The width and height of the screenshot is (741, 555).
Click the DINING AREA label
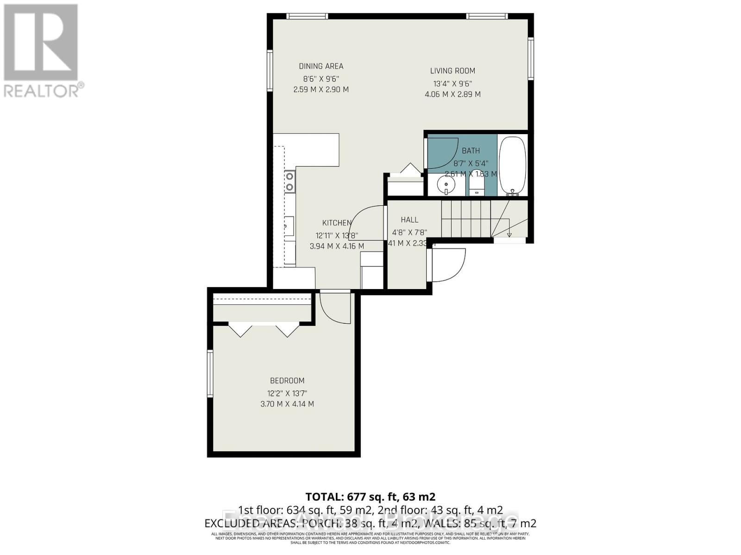point(321,66)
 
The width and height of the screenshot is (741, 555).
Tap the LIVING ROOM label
point(452,71)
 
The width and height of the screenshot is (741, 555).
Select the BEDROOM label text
point(287,381)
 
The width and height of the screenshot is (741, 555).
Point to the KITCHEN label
point(337,223)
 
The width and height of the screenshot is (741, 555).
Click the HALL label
point(409,220)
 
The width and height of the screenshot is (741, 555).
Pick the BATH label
point(471,151)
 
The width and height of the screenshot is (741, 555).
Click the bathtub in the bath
point(512,166)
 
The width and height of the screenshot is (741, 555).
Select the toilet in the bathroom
point(477,186)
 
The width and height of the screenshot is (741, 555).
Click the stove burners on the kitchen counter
point(289,181)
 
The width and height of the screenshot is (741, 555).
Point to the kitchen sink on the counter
point(289,226)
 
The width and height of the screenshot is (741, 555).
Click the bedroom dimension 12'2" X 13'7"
point(287,394)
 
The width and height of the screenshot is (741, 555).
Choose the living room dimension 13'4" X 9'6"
point(452,84)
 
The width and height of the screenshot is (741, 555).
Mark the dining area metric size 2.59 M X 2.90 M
point(321,89)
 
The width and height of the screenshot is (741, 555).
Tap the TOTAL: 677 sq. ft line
point(370,497)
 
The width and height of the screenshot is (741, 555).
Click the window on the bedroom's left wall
point(210,374)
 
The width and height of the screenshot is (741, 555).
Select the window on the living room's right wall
point(531,59)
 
